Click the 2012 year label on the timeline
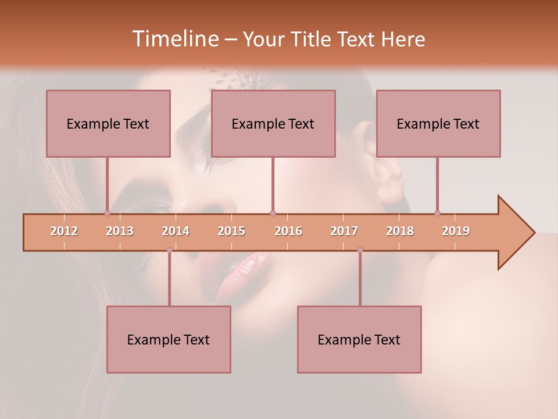64,231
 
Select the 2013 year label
120,231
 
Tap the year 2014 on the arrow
176,231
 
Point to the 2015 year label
231,231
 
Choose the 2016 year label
288,231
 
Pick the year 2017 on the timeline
344,231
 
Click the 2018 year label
400,231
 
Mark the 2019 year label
456,231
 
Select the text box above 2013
108,123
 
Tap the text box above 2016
273,123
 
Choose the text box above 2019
438,123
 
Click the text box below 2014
169,339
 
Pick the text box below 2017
359,339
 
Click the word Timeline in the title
174,39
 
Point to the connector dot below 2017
360,250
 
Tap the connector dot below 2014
169,250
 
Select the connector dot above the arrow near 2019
438,213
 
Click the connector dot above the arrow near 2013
108,213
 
